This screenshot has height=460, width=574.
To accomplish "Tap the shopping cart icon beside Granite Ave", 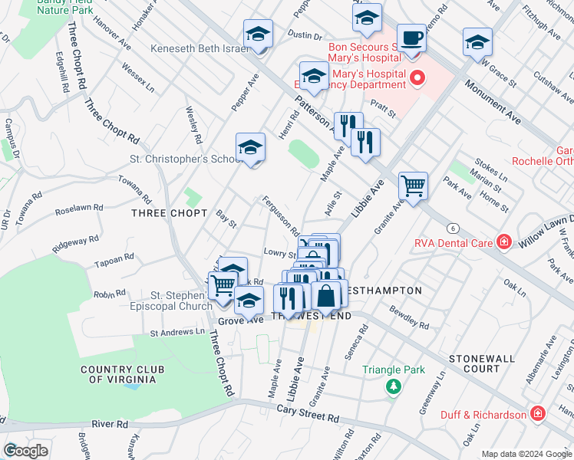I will [x=413, y=186].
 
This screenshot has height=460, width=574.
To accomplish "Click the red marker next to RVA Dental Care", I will [x=503, y=242].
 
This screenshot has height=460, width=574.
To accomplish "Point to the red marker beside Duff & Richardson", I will [x=538, y=415].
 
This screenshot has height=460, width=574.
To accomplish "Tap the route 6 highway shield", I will [x=454, y=228].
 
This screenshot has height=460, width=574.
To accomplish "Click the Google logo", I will [x=25, y=451].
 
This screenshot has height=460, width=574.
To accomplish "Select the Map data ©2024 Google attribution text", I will [x=526, y=454].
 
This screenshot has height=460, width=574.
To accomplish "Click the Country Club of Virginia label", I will [x=123, y=376].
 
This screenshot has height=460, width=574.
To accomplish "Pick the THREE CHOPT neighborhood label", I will [x=169, y=212].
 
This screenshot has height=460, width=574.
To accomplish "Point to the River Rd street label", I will [x=111, y=424].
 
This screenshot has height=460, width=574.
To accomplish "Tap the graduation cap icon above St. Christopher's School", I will [x=249, y=146].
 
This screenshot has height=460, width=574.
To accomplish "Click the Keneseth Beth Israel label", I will [x=190, y=48].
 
